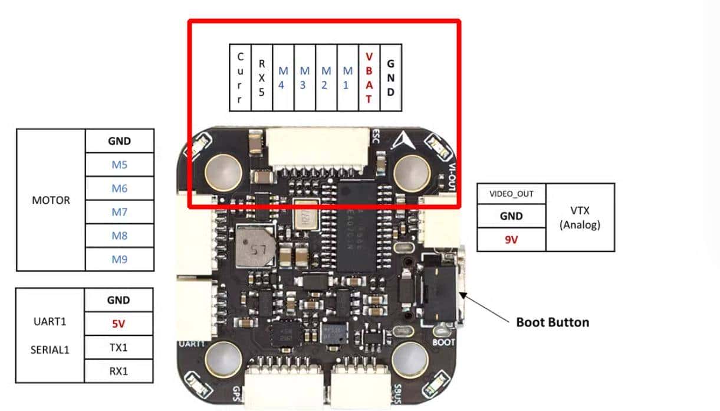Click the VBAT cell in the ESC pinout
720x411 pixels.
pyautogui.click(x=369, y=77)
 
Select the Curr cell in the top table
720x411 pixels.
pyautogui.click(x=239, y=77)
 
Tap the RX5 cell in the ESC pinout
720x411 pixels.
pyautogui.click(x=261, y=77)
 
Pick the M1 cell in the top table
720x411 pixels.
pyautogui.click(x=348, y=77)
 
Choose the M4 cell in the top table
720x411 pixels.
pyautogui.click(x=283, y=77)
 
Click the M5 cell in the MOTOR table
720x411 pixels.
pyautogui.click(x=119, y=165)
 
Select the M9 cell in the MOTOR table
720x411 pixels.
pyautogui.click(x=119, y=259)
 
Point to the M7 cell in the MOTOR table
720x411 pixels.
pyautogui.click(x=119, y=212)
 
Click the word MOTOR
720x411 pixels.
pyautogui.click(x=51, y=200)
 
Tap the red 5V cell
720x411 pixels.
pyautogui.click(x=119, y=324)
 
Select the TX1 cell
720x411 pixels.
pyautogui.click(x=119, y=348)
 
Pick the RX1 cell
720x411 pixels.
pyautogui.click(x=119, y=371)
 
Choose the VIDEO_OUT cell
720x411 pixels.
pyautogui.click(x=511, y=194)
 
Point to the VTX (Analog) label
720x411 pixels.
pyautogui.click(x=580, y=217)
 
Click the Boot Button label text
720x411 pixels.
pyautogui.click(x=552, y=322)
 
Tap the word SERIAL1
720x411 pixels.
pyautogui.click(x=50, y=349)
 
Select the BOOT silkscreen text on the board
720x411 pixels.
pyautogui.click(x=443, y=341)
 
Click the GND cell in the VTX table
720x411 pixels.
pyautogui.click(x=511, y=216)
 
